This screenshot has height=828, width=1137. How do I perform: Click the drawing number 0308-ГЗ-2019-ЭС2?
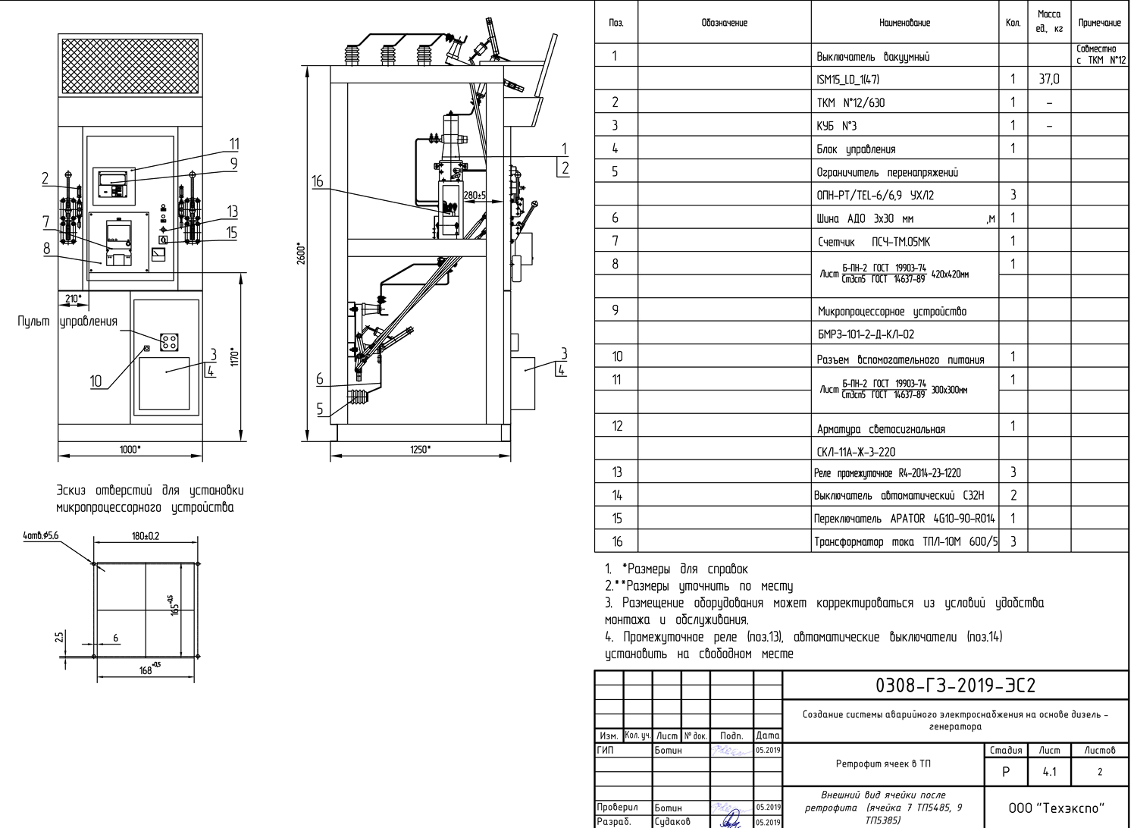tap(955, 686)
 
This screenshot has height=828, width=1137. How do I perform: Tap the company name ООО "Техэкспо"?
tap(1056, 808)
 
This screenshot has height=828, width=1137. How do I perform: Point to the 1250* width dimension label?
tap(420, 450)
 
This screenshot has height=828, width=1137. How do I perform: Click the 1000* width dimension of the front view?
tap(130, 450)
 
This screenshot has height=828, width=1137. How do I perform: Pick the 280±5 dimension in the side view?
tap(475, 196)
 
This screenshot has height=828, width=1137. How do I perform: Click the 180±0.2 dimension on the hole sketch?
tap(146, 536)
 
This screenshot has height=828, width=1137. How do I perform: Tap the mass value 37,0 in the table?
tap(1049, 79)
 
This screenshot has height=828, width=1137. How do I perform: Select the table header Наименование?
tap(904, 23)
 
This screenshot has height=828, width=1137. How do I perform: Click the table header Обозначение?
tap(724, 23)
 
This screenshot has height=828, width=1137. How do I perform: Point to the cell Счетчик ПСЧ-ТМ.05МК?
tap(873, 242)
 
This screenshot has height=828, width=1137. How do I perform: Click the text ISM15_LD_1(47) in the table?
tap(848, 79)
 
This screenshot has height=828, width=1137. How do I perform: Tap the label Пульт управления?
tap(67, 321)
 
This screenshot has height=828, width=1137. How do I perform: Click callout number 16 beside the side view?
tap(317, 181)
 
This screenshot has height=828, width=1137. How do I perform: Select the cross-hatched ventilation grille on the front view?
tap(130, 66)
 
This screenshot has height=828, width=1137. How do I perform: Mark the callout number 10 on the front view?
tap(96, 381)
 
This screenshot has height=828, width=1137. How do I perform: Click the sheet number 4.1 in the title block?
tap(1049, 773)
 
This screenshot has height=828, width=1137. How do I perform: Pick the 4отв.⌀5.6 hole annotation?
tap(40, 536)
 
